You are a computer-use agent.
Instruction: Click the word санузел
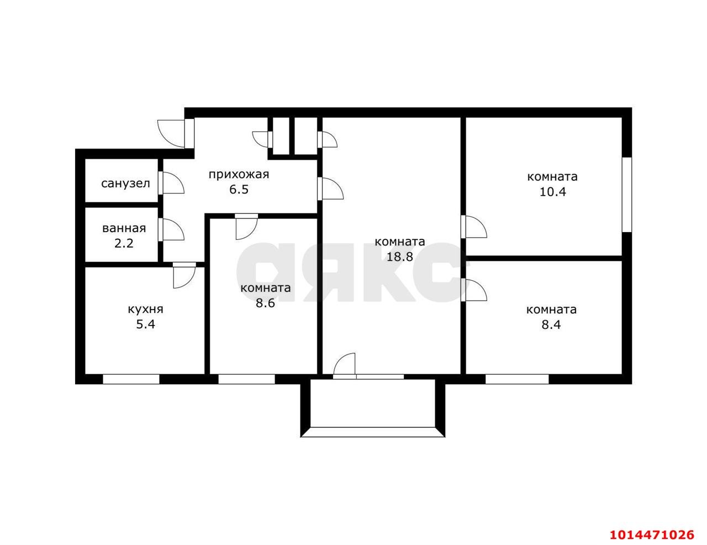[125, 184]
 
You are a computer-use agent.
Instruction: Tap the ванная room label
[124, 228]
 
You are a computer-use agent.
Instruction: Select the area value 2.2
[124, 243]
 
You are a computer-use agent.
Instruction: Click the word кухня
[145, 310]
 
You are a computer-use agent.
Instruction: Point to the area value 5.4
[145, 324]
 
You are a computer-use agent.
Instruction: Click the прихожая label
[239, 175]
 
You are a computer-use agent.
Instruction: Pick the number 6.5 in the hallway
[239, 189]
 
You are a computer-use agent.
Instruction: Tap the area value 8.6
[265, 303]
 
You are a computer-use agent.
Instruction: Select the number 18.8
[399, 256]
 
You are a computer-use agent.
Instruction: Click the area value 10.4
[553, 191]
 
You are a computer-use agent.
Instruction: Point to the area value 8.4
[551, 324]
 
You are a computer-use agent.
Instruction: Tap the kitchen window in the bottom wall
[131, 379]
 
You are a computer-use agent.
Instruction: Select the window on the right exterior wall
[627, 195]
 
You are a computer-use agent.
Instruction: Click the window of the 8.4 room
[518, 379]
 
